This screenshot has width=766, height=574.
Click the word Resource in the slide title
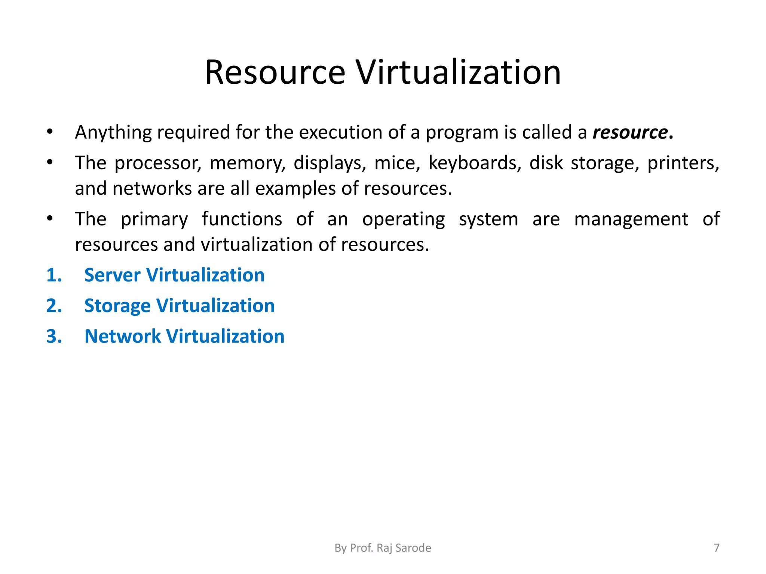point(275,72)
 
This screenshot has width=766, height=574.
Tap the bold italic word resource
point(630,132)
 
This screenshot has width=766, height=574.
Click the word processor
point(157,163)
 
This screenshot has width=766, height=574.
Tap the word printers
point(683,163)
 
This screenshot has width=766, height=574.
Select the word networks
point(152,188)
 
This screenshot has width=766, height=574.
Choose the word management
point(631,219)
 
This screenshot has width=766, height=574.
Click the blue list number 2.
point(53,306)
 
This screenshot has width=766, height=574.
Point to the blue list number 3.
point(53,336)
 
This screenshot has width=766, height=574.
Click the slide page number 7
point(716,548)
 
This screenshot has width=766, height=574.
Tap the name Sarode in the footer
point(413,548)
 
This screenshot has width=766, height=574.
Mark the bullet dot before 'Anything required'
point(50,132)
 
